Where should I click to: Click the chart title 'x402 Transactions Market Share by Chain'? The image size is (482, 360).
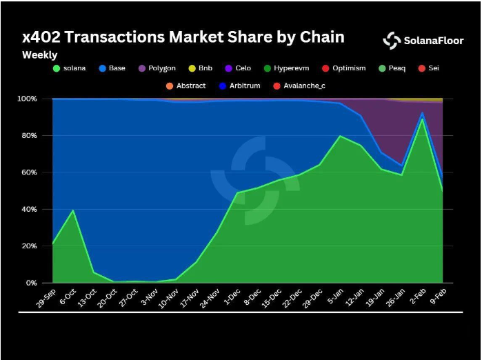[x=183, y=37]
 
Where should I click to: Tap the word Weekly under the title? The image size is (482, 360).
[x=40, y=54]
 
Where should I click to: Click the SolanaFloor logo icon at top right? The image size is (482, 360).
[x=392, y=40]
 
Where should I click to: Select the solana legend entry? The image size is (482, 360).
[x=71, y=69]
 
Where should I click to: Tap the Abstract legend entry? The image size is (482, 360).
[x=186, y=86]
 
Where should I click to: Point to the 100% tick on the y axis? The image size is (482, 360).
[x=26, y=99]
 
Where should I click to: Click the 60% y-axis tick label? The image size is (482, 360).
[x=28, y=172]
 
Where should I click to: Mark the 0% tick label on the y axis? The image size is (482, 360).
[x=30, y=283]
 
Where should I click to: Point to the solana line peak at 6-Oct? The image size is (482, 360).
[x=73, y=210]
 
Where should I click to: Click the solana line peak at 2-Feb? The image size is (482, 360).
[x=422, y=119]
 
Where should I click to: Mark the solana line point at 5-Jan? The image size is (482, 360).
[x=340, y=136]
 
